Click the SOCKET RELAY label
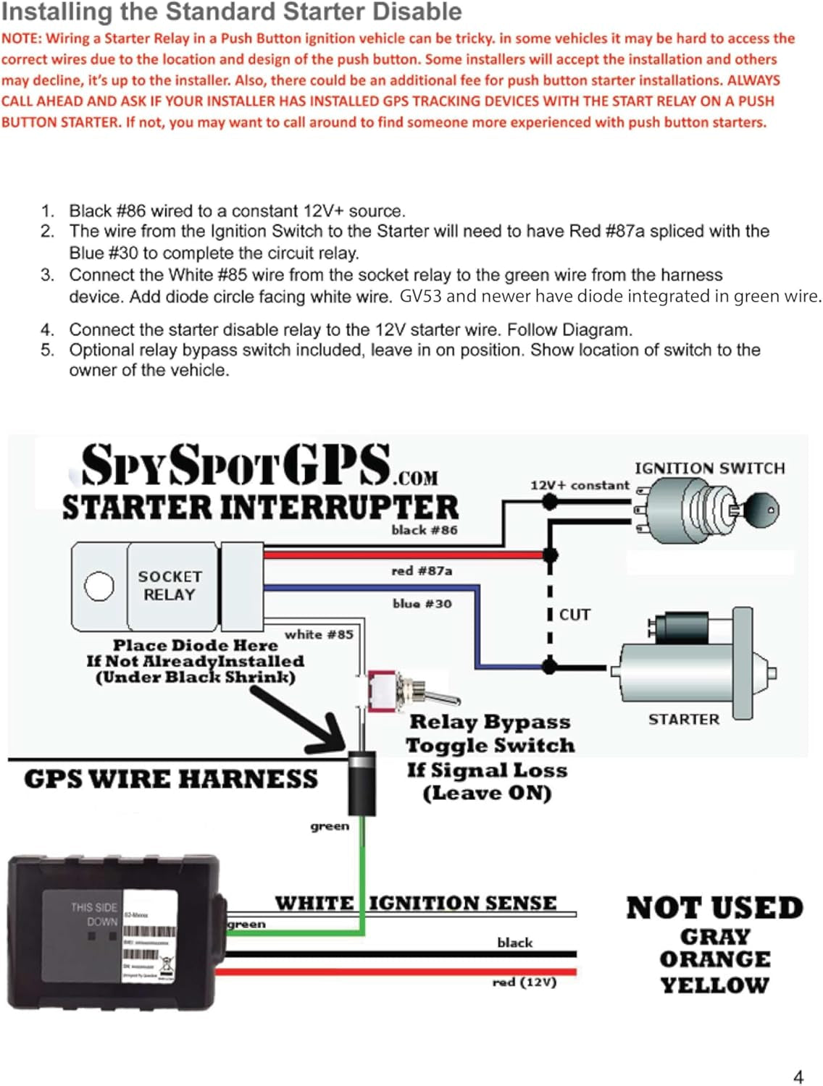click(170, 586)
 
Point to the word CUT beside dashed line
click(575, 615)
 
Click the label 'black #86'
click(425, 530)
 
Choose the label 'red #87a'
click(422, 571)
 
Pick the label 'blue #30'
click(422, 603)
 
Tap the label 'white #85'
click(319, 634)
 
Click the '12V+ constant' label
click(580, 485)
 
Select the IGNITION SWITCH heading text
click(709, 468)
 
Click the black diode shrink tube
click(362, 783)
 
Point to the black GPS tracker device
click(109, 934)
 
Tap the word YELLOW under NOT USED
click(714, 985)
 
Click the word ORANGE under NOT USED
click(714, 959)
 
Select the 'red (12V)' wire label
click(524, 982)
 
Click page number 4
click(798, 1077)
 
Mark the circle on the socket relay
click(99, 586)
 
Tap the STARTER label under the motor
click(683, 720)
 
